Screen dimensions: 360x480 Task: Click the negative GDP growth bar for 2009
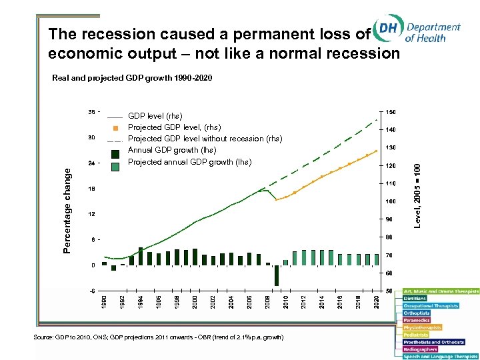point(276,275)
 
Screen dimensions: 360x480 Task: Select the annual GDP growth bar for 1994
point(141,256)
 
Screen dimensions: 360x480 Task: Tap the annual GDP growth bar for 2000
point(195,257)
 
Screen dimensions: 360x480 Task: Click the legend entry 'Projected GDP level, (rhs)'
point(174,127)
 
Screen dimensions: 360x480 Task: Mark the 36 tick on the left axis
point(91,112)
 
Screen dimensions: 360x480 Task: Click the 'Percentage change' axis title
point(67,209)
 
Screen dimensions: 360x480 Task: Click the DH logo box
point(387,31)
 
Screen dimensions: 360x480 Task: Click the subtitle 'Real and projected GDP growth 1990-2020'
point(132,79)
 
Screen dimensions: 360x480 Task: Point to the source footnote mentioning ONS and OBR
point(159,339)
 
